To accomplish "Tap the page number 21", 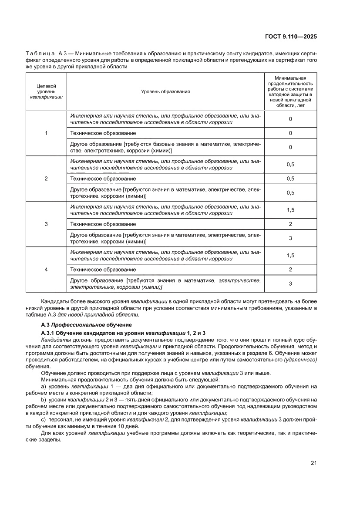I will point(313,463).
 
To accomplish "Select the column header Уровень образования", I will point(165,91).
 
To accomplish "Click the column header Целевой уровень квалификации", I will point(46,91).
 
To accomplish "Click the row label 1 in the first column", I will point(46,133).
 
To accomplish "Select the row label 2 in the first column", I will point(46,179).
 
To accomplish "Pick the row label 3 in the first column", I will point(46,224).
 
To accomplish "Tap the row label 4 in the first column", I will point(46,270).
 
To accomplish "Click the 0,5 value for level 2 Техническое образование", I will point(290,179).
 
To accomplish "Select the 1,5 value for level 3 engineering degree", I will point(290,210).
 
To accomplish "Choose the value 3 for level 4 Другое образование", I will point(290,283).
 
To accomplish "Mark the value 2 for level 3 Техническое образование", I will point(290,224).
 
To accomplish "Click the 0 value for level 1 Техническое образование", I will point(290,133).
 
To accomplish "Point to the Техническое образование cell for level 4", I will point(103,270).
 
